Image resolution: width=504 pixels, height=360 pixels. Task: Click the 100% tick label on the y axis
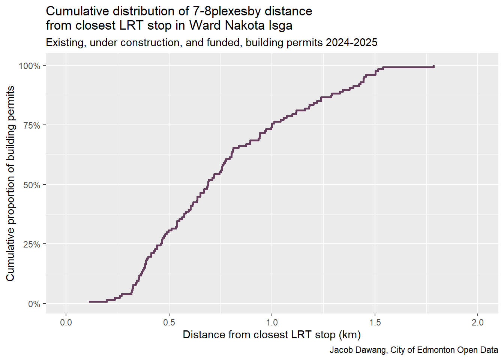[29, 66]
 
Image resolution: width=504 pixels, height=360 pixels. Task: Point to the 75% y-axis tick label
[31, 125]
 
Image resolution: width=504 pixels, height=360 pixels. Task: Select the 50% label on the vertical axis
[31, 185]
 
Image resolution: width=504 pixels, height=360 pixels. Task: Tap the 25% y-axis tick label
[31, 244]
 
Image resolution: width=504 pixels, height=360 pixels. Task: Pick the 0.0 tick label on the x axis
[66, 322]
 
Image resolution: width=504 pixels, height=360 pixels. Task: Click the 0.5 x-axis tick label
[169, 322]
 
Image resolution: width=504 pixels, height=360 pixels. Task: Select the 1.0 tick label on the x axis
[272, 322]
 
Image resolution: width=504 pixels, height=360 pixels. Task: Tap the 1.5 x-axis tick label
[375, 322]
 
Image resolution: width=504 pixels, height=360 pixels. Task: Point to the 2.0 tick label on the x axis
[478, 322]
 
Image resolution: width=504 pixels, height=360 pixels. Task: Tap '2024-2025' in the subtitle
[351, 43]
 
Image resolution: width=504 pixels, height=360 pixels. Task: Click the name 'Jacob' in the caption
[340, 350]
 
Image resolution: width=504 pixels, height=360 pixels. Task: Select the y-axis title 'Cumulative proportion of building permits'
[10, 183]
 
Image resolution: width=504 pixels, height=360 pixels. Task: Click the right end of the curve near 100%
[433, 67]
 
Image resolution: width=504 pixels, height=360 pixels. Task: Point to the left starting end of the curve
[90, 301]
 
